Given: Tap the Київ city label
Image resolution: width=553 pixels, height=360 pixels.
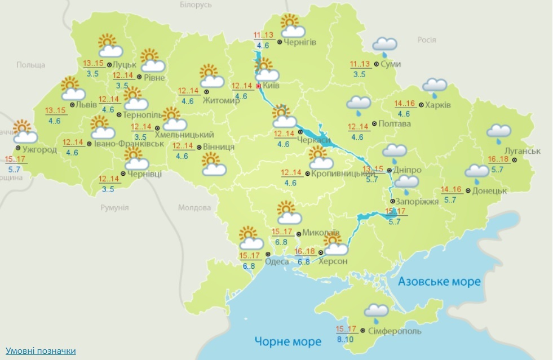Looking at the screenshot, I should (x=271, y=86).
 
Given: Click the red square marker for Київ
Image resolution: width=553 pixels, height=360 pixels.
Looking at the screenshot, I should (x=259, y=86).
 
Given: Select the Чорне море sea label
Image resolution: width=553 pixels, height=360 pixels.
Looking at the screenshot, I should (x=287, y=341).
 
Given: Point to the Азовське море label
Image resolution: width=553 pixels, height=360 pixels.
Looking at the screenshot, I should (x=439, y=281).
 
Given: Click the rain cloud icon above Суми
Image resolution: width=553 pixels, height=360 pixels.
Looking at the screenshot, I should (x=384, y=46).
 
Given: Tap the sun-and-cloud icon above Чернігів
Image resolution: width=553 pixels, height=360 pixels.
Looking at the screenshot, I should (x=293, y=26).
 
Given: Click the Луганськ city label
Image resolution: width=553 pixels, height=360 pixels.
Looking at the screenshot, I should (x=523, y=151).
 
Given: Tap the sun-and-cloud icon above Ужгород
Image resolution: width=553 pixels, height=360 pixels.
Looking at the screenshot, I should (x=24, y=132).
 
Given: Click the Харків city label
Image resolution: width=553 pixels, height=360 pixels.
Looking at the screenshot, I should (x=438, y=104).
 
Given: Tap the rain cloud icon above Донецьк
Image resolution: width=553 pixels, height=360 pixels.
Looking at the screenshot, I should (x=476, y=173).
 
